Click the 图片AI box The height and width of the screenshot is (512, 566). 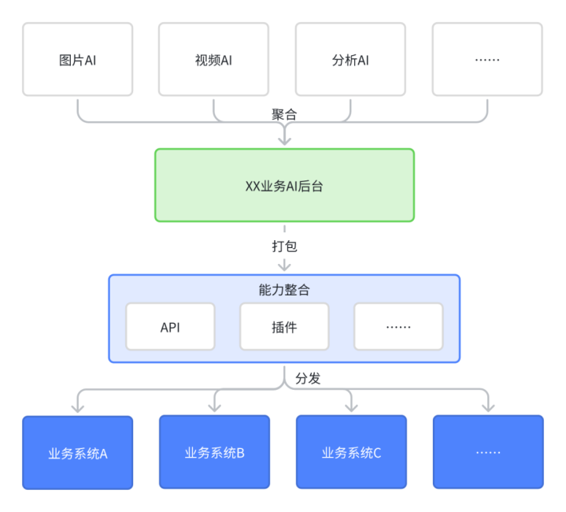tap(78, 59)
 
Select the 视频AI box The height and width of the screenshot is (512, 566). tap(213, 59)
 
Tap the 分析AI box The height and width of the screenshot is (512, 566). tap(350, 59)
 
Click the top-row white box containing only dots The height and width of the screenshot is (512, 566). tap(487, 59)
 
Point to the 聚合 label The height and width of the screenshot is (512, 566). tap(284, 114)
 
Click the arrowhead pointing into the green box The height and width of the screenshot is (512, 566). tap(285, 141)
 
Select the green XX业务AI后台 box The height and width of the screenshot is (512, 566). tap(284, 185)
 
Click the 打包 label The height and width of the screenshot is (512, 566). tap(284, 247)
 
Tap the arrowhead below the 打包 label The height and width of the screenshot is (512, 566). tap(284, 266)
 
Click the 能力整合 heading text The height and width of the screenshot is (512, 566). tap(284, 290)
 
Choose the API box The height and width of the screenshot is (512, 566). tap(170, 326)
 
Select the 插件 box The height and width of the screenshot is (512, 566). tap(284, 326)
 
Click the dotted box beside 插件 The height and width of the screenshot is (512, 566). tap(398, 326)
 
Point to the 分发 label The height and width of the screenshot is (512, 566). tap(308, 378)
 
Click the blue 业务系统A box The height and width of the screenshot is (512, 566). tap(78, 453)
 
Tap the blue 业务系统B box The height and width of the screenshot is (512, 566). tap(214, 452)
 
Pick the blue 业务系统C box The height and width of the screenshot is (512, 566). tap(351, 452)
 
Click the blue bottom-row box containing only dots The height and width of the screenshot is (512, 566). tap(488, 452)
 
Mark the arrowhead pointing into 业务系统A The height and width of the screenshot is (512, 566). tap(78, 408)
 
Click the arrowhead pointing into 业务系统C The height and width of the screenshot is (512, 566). tap(351, 407)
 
